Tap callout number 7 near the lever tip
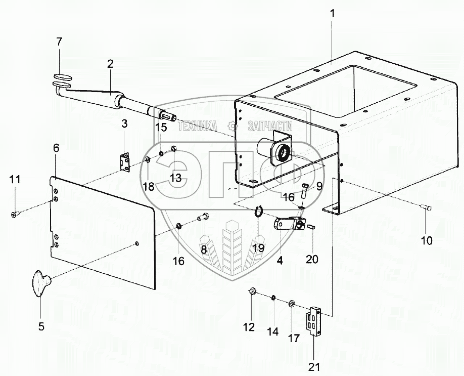(x=59, y=41)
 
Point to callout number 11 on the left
(x=15, y=179)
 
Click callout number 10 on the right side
(x=427, y=241)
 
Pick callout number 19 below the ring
(x=259, y=247)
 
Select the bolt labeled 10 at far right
(x=426, y=206)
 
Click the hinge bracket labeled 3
(x=124, y=162)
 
